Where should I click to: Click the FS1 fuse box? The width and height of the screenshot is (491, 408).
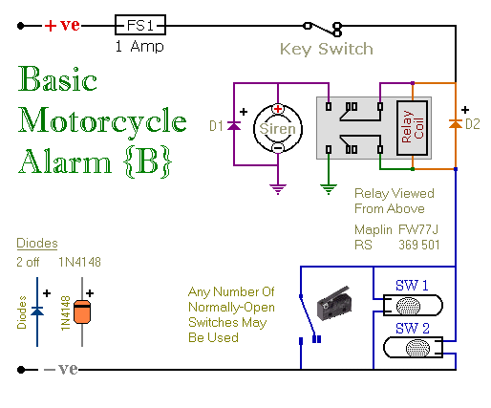140,25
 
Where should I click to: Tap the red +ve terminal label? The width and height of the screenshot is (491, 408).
62,25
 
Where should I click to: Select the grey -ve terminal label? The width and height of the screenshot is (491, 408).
60,369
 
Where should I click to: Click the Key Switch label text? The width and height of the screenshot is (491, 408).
327,49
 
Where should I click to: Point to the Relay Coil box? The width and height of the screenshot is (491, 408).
412,128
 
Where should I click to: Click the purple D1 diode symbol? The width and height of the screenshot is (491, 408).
234,126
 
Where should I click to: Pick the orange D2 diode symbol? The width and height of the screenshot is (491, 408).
456,124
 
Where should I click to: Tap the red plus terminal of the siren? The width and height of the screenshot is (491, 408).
278,109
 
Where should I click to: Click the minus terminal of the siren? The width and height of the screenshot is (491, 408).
278,148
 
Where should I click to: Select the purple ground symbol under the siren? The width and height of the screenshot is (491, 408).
278,189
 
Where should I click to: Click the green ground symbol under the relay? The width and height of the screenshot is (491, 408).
329,189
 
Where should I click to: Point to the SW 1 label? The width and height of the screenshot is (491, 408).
412,286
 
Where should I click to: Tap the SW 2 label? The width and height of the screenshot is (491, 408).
413,328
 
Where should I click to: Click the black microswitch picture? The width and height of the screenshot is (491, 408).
333,304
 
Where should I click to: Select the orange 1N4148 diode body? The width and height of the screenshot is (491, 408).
82,311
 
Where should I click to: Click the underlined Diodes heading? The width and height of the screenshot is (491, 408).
37,244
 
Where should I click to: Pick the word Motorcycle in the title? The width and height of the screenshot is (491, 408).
102,122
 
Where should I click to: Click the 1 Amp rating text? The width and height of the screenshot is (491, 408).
139,47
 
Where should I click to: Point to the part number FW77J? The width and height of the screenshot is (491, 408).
418,229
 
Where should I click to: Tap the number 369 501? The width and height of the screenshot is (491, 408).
419,245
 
